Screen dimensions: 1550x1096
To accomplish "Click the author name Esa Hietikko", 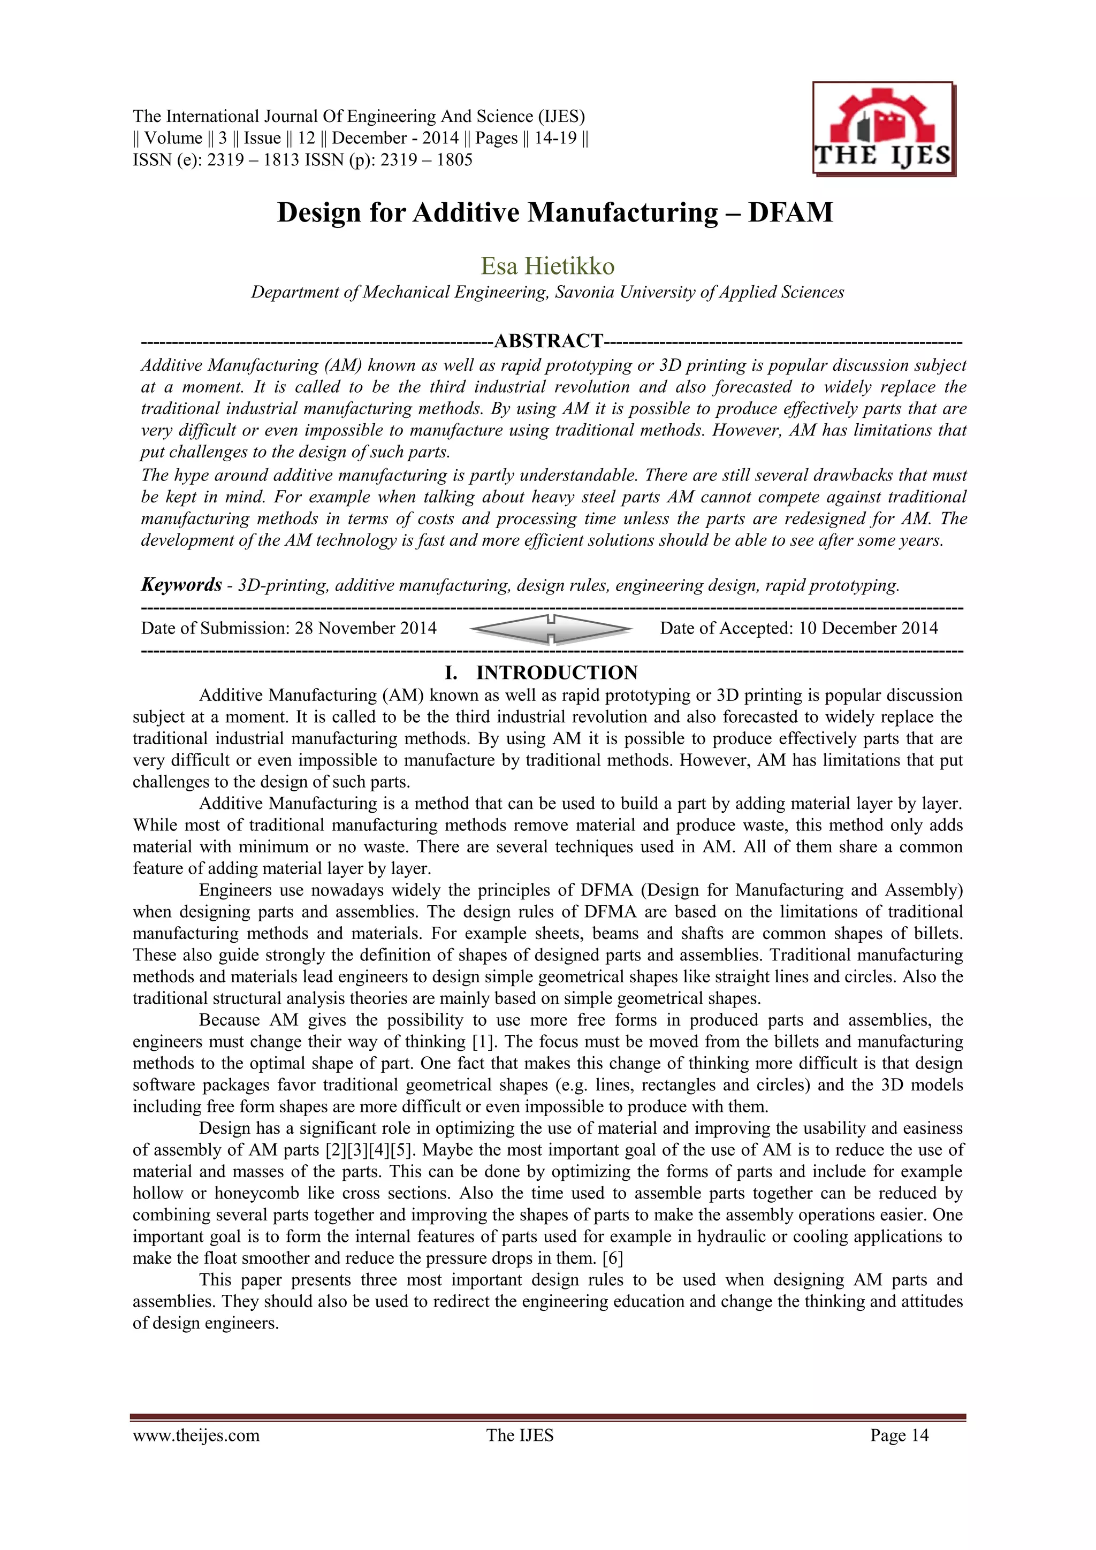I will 547,266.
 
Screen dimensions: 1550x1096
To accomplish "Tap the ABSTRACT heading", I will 549,341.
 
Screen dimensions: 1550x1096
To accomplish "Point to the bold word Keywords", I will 181,585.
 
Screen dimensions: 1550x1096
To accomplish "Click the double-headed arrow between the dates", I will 550,629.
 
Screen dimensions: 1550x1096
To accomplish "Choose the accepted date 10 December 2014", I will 867,629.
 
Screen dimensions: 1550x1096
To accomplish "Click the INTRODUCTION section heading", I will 557,673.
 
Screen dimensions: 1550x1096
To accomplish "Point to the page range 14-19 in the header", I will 555,139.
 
